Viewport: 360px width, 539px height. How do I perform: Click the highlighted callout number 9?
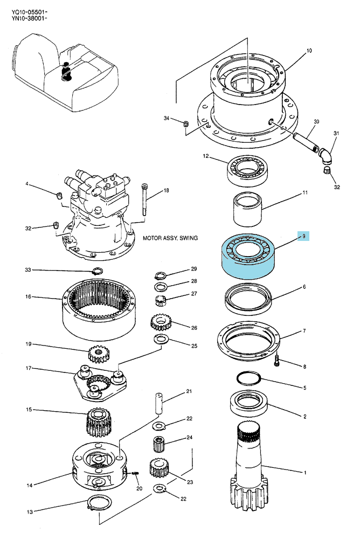click(x=303, y=236)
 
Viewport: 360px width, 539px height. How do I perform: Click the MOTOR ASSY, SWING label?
click(x=170, y=238)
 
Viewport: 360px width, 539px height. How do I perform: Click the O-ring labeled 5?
click(x=249, y=378)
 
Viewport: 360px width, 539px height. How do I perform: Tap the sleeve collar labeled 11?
click(x=247, y=209)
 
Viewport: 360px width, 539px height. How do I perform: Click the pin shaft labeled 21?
click(x=158, y=404)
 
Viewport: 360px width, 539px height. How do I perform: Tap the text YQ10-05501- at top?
click(x=29, y=13)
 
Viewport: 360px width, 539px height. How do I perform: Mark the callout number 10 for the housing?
click(x=309, y=51)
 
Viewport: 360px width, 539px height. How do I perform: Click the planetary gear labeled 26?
click(x=161, y=322)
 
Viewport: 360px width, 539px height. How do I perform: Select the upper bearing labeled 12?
click(x=247, y=171)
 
